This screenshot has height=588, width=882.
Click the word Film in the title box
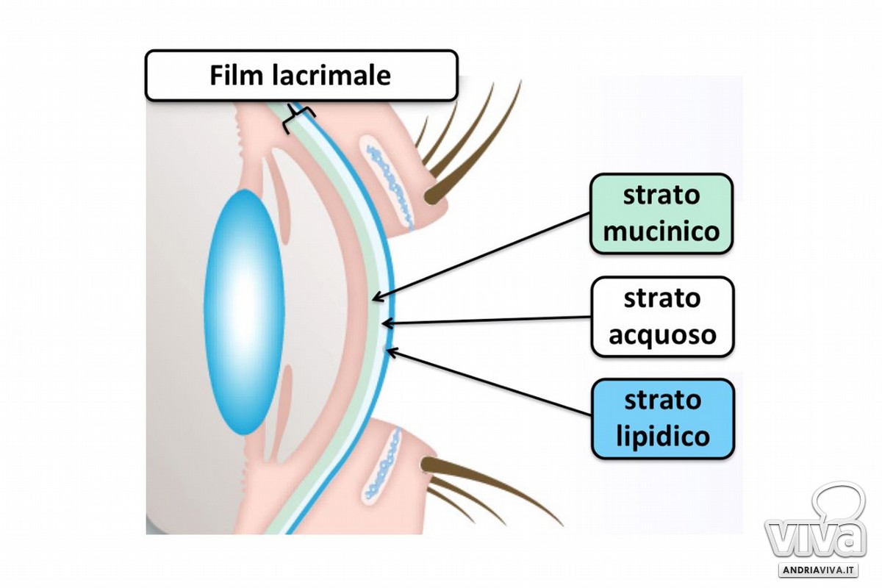pyautogui.click(x=236, y=75)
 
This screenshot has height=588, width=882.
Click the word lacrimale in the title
pyautogui.click(x=331, y=75)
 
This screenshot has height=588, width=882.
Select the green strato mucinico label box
pyautogui.click(x=661, y=213)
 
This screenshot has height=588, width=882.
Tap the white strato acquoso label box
pyautogui.click(x=663, y=317)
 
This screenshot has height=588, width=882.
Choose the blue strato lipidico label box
pyautogui.click(x=663, y=419)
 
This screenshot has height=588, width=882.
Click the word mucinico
pyautogui.click(x=661, y=232)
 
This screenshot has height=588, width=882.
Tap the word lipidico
pyautogui.click(x=663, y=437)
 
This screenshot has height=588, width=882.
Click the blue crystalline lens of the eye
pyautogui.click(x=244, y=312)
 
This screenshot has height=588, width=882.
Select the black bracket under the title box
pyautogui.click(x=298, y=118)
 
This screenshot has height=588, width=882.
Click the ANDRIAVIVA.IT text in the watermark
pyautogui.click(x=818, y=570)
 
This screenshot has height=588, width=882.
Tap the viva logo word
pyautogui.click(x=815, y=540)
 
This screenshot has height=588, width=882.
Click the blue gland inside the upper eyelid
pyautogui.click(x=390, y=187)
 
